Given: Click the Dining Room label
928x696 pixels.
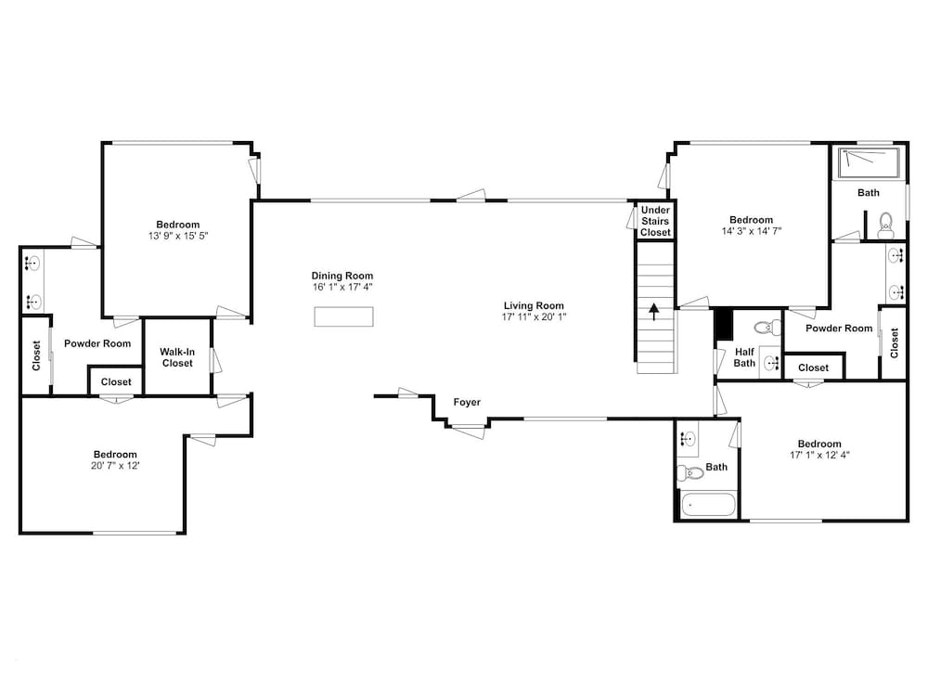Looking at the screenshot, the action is (x=342, y=276).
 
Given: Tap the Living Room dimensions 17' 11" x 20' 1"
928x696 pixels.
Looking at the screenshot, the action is (x=534, y=317).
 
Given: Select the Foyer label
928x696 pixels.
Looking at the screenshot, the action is (x=467, y=403).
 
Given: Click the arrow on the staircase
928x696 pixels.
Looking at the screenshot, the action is (x=654, y=312).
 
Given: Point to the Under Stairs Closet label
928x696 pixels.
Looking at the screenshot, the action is (x=655, y=222).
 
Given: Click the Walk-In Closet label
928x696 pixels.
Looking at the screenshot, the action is (x=177, y=357).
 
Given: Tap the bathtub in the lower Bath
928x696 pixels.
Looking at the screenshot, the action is (x=708, y=505).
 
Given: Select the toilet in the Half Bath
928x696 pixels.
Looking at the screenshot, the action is (x=767, y=327).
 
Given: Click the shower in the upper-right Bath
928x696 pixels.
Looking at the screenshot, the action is (x=869, y=163).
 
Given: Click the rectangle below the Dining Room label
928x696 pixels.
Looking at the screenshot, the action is (x=344, y=316).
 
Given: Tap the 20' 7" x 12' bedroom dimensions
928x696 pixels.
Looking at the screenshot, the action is (x=115, y=466).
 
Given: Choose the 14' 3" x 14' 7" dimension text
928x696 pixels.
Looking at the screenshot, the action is (x=752, y=231).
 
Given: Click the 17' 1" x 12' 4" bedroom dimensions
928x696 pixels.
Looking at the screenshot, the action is (x=819, y=455).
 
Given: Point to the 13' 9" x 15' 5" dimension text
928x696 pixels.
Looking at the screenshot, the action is (x=178, y=236).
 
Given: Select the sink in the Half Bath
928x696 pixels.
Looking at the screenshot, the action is (x=770, y=362).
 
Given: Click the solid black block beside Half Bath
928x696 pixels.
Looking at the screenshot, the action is (x=725, y=324).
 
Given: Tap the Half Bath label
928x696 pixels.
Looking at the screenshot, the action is (x=744, y=357).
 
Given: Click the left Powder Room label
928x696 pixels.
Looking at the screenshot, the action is (x=97, y=344).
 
